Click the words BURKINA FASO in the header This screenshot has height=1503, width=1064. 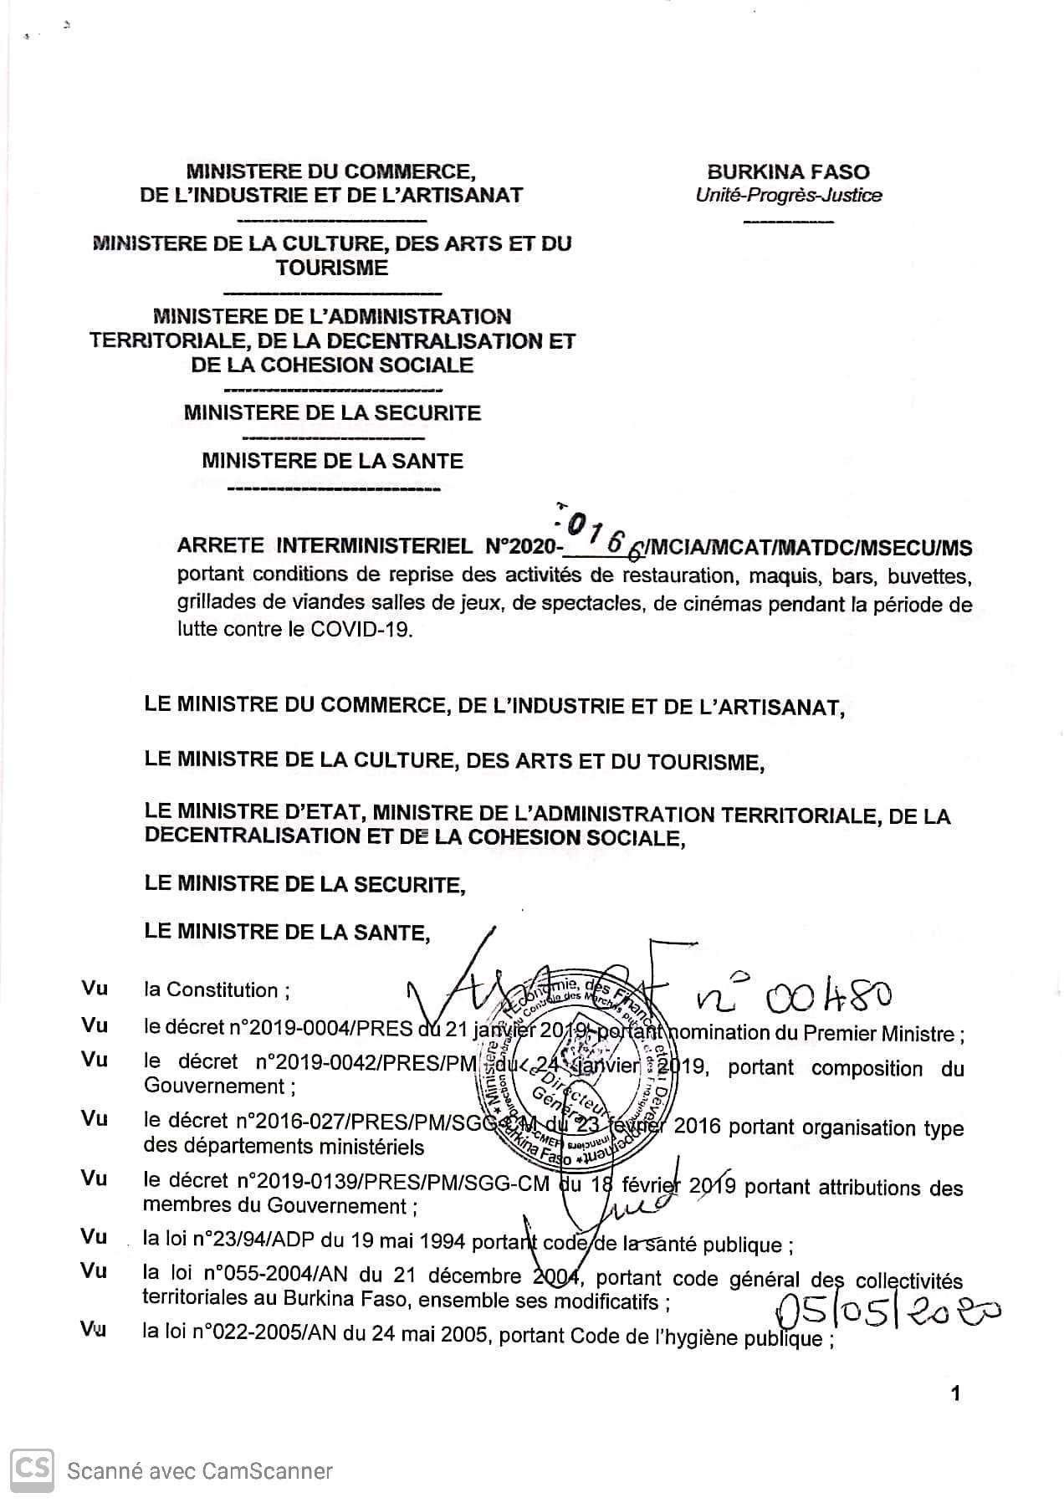[788, 172]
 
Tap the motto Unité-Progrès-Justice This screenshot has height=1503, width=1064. [788, 196]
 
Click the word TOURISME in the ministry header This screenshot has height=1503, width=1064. [332, 268]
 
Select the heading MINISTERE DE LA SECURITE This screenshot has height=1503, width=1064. [332, 413]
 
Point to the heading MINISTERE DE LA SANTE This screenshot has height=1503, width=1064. [332, 461]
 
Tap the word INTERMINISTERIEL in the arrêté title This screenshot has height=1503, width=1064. [374, 548]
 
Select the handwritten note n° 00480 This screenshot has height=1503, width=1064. [794, 995]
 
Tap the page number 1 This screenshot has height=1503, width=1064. [955, 1393]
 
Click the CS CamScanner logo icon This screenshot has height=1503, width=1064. [33, 1470]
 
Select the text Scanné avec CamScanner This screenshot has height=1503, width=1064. [200, 1471]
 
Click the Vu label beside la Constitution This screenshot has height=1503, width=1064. [95, 989]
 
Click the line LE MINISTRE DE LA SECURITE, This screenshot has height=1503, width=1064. [304, 884]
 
